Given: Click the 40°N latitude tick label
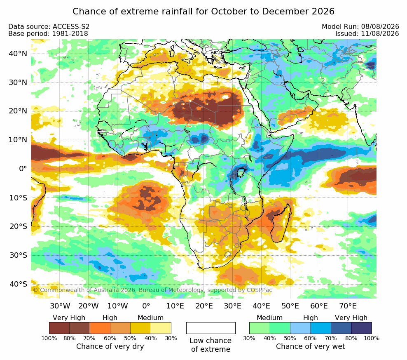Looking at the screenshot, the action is [x=18, y=54].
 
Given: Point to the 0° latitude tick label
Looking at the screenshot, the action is [x=23, y=169].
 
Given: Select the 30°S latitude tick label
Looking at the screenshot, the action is [x=18, y=255].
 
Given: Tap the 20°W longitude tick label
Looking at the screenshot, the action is [x=89, y=306].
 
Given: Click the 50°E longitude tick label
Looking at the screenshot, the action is [x=290, y=306].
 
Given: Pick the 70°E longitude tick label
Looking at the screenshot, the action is [x=348, y=306].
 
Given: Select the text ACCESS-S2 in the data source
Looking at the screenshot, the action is [x=71, y=27].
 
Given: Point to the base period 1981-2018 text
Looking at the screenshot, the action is [x=70, y=34].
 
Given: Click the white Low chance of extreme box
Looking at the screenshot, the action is [x=211, y=328].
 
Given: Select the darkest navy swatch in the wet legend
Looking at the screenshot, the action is [x=362, y=328].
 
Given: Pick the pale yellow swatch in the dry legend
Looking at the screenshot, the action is [x=161, y=328].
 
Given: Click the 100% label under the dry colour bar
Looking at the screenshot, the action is [x=49, y=339].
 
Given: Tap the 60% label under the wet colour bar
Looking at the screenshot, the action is [x=310, y=339].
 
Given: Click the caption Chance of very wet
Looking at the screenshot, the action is [x=311, y=346].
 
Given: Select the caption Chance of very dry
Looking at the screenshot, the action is [x=110, y=346].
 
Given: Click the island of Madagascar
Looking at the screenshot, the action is [x=281, y=224].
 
